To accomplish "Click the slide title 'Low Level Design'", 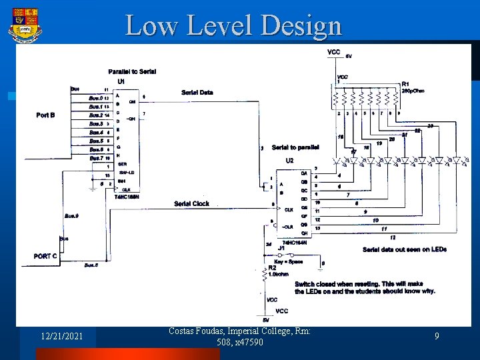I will [x=233, y=25].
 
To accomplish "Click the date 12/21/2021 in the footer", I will [x=61, y=337].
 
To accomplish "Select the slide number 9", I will [x=437, y=337].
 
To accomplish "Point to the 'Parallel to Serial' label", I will [x=132, y=72].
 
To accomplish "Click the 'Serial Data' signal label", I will [x=197, y=92].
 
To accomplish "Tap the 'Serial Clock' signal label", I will [x=191, y=203].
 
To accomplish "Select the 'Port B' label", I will [x=45, y=115].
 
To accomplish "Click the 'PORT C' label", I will [x=45, y=255].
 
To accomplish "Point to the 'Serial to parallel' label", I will [x=295, y=147].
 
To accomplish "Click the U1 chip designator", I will [x=121, y=81].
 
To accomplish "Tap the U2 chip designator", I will [x=289, y=161].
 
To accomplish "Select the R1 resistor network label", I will [x=405, y=84].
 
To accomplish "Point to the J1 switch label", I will [x=281, y=248].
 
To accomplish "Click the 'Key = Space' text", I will [x=289, y=261].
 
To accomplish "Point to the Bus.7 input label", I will [x=97, y=158].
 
